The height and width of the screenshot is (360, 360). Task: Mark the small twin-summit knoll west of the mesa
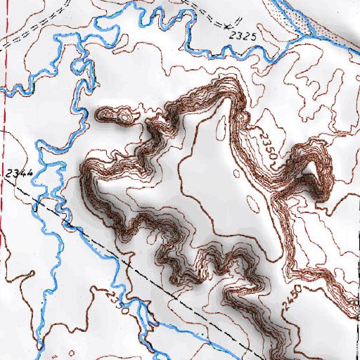[116, 115]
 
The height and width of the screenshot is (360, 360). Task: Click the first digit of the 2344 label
[8, 172]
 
